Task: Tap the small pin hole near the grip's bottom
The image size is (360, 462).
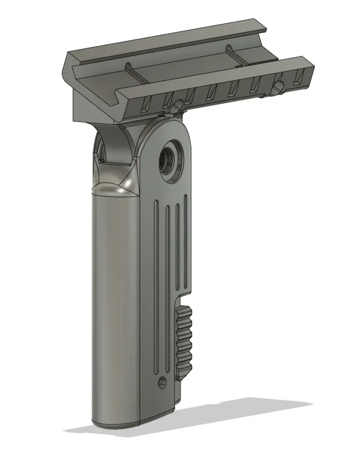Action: tap(161, 382)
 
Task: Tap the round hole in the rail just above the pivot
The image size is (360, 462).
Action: tap(176, 105)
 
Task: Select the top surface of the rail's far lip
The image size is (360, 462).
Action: tap(169, 42)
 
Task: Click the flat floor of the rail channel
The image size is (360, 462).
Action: tap(181, 66)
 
